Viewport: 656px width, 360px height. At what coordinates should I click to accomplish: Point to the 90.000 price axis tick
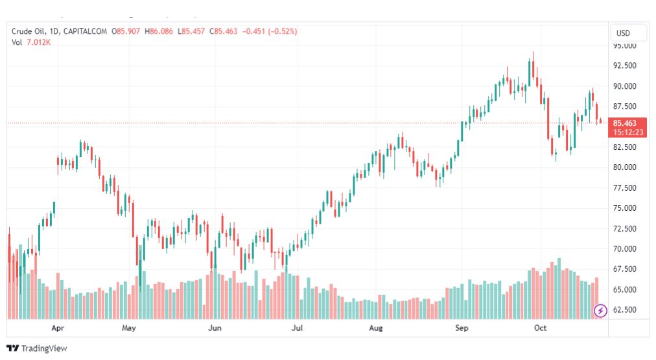click(625, 86)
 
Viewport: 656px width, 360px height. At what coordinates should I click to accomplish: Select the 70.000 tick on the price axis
click(625, 248)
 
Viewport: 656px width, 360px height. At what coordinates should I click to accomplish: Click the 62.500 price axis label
click(625, 310)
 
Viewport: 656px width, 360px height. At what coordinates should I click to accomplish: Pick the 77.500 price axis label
click(625, 187)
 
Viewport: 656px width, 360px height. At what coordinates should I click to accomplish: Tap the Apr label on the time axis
click(58, 328)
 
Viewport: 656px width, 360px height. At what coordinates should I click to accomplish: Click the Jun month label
click(215, 328)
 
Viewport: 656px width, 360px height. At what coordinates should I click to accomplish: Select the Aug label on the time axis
click(376, 328)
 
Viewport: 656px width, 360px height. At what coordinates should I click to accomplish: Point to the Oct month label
click(540, 328)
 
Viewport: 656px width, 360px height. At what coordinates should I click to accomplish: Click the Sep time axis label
click(462, 328)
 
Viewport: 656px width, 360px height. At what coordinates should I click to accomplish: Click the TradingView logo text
click(44, 348)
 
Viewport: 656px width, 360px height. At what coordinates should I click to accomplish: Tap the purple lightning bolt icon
click(600, 311)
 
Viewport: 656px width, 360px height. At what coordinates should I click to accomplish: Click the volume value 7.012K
click(38, 42)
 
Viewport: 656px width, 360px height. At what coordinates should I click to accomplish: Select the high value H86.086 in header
click(159, 31)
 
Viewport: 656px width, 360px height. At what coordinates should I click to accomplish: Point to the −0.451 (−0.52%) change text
click(270, 31)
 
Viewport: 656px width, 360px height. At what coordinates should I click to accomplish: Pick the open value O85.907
click(126, 31)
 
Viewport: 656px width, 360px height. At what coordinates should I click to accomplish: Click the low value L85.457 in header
click(191, 31)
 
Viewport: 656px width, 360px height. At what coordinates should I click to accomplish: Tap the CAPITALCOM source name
click(85, 31)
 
